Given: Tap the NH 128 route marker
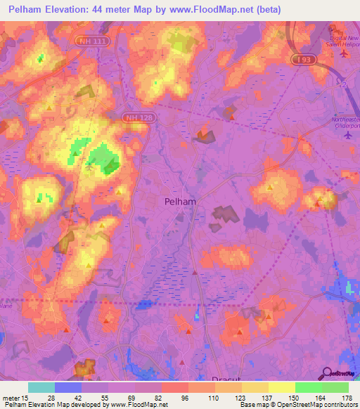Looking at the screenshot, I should [136, 117].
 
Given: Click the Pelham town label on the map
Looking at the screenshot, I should [180, 201].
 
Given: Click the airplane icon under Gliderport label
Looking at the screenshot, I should [348, 135].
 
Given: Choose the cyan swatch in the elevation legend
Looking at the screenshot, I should [41, 387].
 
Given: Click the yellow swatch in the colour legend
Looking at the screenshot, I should [282, 387].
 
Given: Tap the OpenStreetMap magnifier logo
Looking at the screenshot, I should [328, 372].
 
